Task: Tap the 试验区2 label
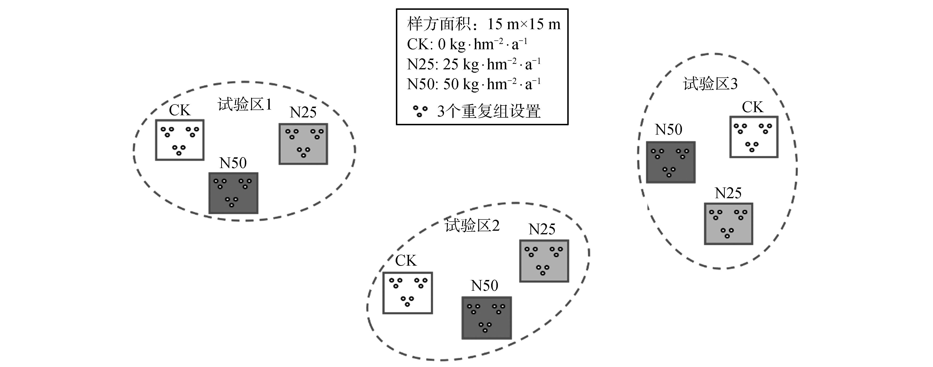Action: coord(472,225)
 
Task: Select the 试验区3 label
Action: coord(710,84)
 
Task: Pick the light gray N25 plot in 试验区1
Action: coord(303,144)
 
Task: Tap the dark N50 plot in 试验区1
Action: coord(233,193)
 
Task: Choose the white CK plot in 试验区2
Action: coord(407,293)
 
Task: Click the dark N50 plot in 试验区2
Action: coord(486,318)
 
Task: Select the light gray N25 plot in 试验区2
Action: coord(544,261)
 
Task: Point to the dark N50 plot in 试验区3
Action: coord(670,162)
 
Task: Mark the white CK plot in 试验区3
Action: coord(754,137)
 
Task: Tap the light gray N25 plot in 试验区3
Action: coord(728,224)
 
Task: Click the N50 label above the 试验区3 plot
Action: coord(669,130)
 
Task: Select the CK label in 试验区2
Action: coord(406,261)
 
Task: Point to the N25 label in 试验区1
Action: coord(303,113)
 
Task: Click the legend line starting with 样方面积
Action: coord(483,24)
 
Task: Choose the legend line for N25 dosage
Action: coord(474,64)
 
